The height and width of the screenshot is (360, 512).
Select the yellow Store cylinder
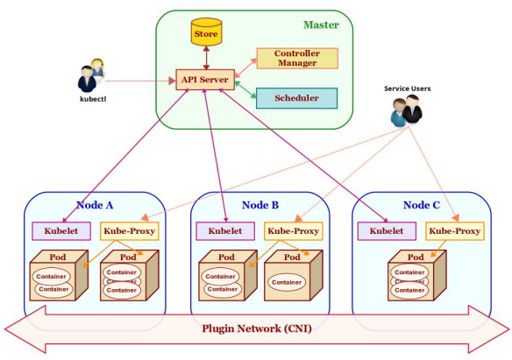tap(205, 34)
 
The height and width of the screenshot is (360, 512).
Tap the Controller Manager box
tap(296, 59)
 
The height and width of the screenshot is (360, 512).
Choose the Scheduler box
tap(296, 98)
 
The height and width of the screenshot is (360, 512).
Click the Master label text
tap(321, 25)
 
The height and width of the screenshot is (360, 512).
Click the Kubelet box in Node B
tap(224, 231)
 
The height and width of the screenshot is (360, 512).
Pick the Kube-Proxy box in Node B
tap(292, 231)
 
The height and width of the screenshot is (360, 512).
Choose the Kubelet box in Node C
tap(386, 231)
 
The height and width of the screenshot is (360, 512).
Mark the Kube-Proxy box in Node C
tap(454, 231)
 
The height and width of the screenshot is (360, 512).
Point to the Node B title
tap(260, 205)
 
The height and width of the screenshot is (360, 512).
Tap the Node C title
tap(421, 205)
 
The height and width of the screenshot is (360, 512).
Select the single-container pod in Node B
tap(289, 279)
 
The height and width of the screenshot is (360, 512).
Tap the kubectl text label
tap(90, 99)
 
